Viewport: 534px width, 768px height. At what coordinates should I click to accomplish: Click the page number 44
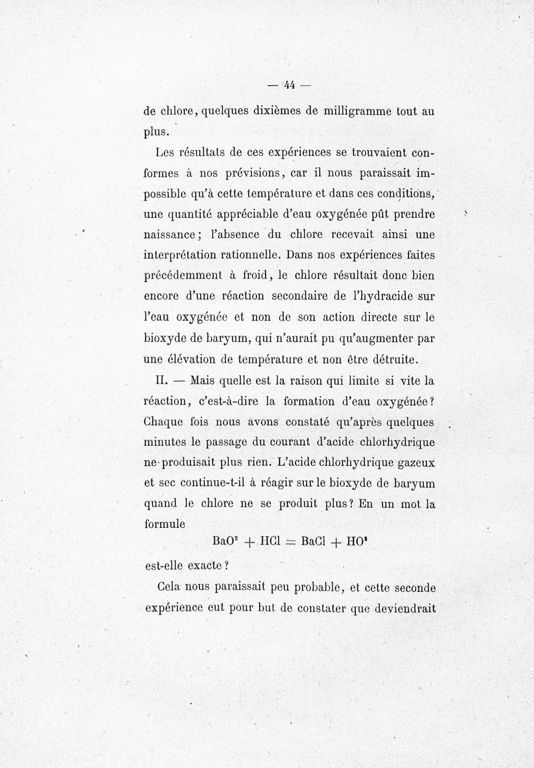[289, 85]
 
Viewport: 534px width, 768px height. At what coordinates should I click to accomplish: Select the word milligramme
[354, 111]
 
